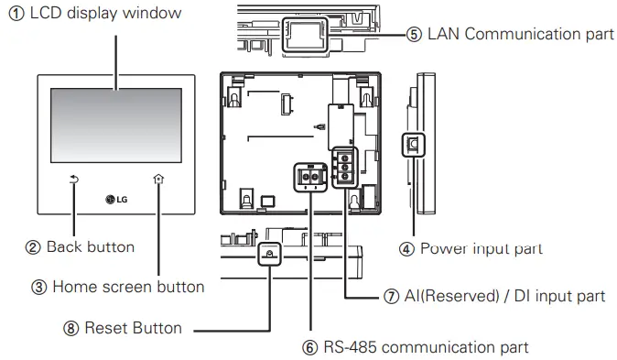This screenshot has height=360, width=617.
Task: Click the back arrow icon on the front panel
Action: (x=74, y=180)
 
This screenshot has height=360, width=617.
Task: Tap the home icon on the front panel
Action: (x=158, y=180)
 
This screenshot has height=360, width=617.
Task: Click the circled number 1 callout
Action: (x=10, y=14)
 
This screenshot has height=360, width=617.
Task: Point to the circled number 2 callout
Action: (x=32, y=246)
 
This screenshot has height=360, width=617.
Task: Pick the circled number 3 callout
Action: (x=38, y=287)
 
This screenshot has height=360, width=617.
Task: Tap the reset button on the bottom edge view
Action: (x=269, y=253)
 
